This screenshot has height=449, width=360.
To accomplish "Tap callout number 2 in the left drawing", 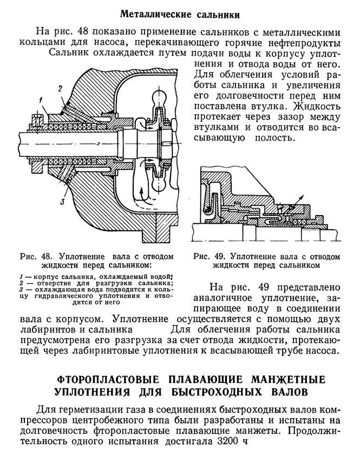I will pyautogui.click(x=61, y=87).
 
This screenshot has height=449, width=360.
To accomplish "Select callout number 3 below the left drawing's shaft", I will pyautogui.click(x=63, y=202).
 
